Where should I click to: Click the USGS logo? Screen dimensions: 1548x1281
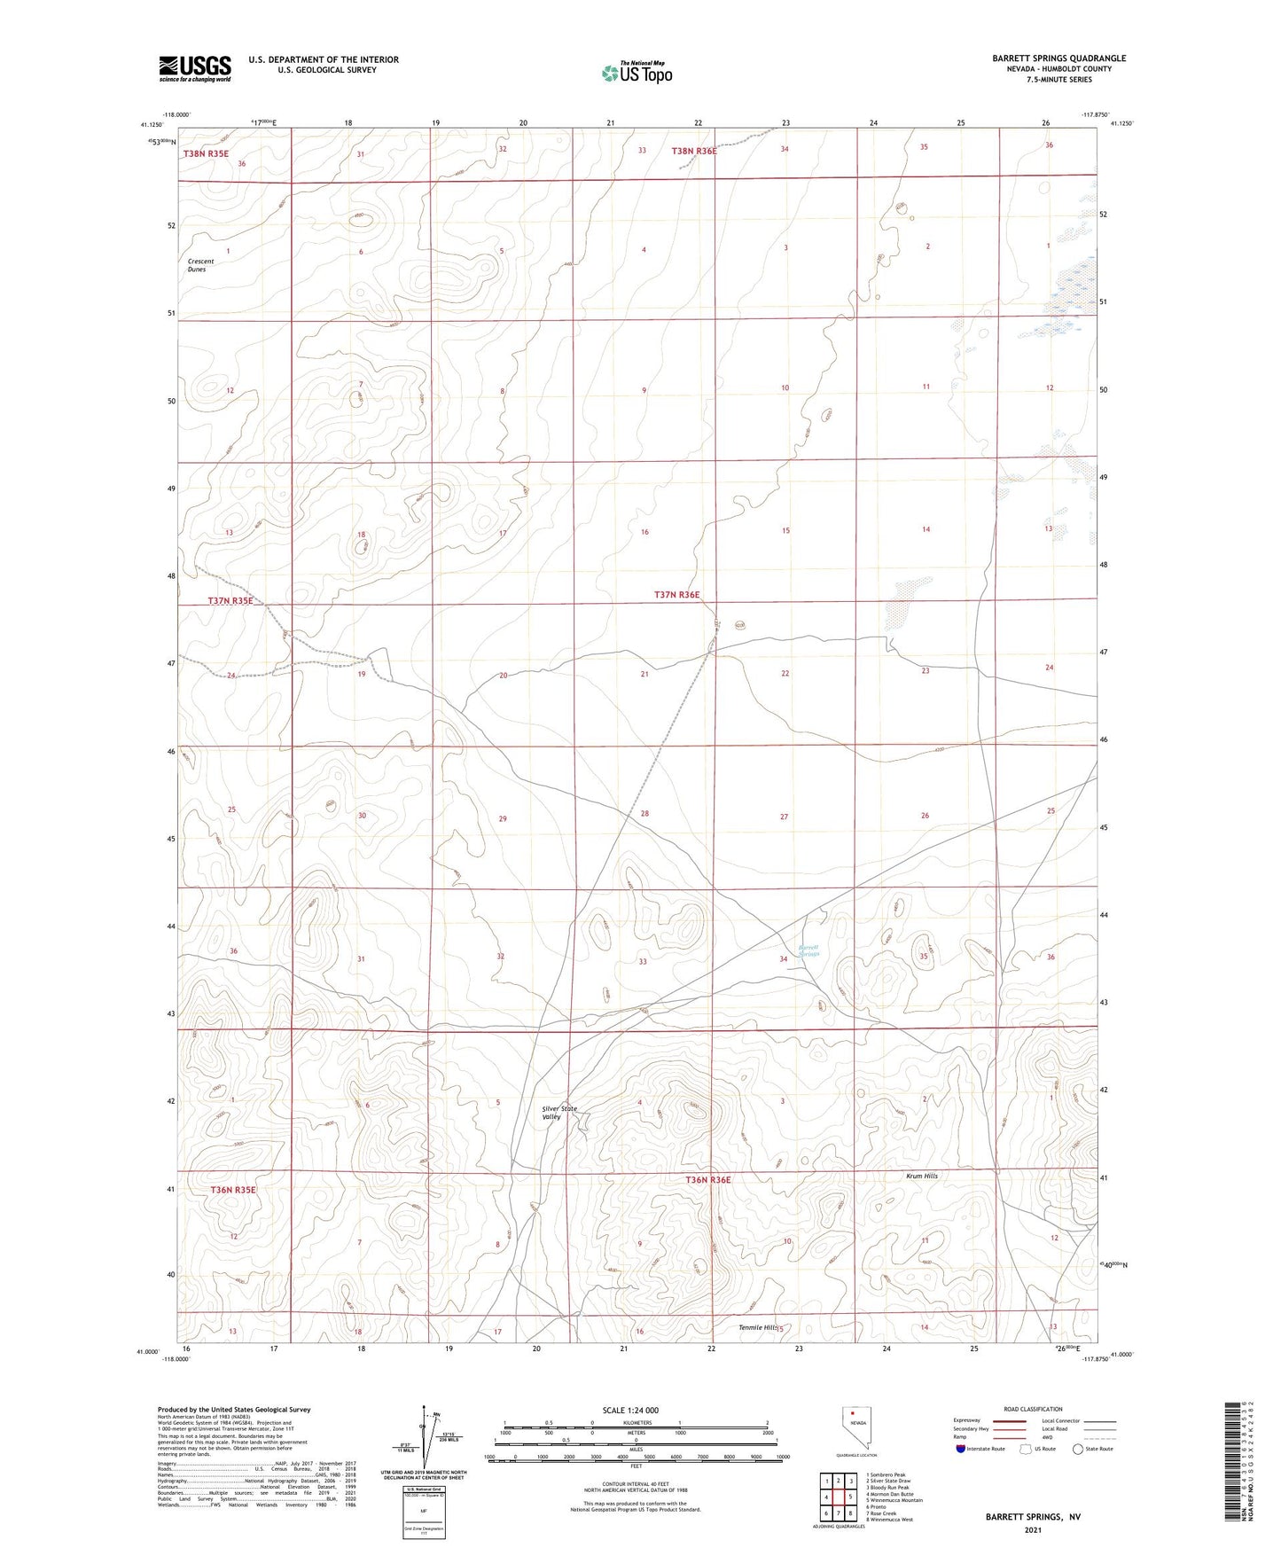(x=195, y=68)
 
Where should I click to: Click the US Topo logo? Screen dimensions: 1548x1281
(x=637, y=73)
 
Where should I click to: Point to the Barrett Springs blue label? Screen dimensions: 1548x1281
(x=808, y=950)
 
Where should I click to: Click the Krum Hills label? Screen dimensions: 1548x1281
(x=921, y=1176)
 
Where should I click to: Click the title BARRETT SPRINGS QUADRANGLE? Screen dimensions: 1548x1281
(x=1058, y=59)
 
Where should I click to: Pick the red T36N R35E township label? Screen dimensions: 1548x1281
(x=233, y=1190)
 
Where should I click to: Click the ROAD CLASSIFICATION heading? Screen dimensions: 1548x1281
(x=1034, y=1409)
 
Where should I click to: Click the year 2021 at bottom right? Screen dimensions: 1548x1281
(x=1033, y=1530)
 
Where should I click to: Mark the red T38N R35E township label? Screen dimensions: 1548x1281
(x=206, y=153)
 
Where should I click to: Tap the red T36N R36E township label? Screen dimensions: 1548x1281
(x=707, y=1180)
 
